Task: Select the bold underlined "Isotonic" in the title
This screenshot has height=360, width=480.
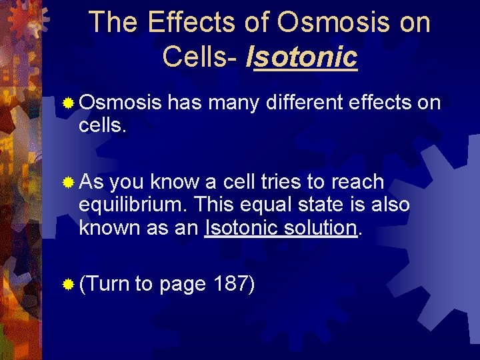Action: tap(301, 57)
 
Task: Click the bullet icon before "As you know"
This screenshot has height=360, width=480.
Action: tap(67, 182)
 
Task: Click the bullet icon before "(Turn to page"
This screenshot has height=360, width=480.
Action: tap(67, 285)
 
